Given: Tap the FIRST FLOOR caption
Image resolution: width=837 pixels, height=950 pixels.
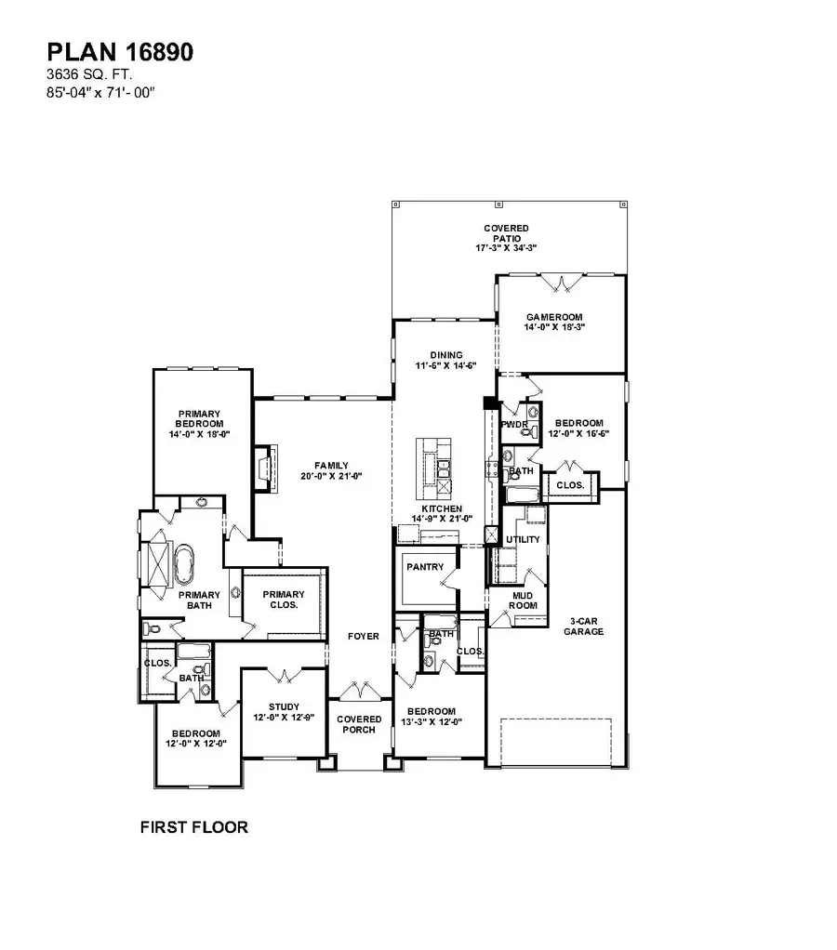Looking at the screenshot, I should click(193, 826).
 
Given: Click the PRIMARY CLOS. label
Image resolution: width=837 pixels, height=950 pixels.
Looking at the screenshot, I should click(283, 600).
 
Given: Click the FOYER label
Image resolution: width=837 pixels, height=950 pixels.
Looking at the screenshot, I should click(363, 637).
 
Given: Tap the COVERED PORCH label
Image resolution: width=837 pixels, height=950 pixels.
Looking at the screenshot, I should click(359, 724).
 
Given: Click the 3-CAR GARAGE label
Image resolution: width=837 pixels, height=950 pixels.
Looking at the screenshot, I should click(584, 626).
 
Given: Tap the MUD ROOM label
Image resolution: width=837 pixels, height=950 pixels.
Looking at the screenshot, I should click(525, 600).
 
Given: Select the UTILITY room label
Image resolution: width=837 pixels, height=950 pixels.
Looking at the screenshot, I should click(522, 539).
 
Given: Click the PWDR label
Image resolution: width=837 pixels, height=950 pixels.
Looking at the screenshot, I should click(514, 425).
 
